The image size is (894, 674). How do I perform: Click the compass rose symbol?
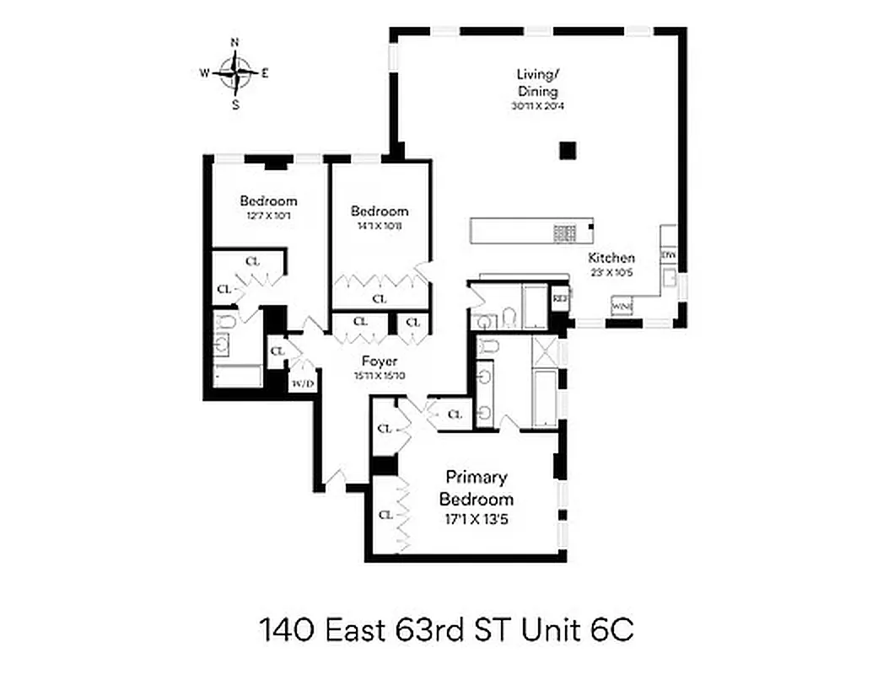coord(235,72)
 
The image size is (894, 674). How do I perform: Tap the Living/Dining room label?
coord(537,82)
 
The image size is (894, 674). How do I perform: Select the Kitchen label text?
coord(611,258)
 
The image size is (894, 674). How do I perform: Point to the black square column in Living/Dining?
coord(568,150)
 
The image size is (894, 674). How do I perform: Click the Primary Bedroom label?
coord(476,488)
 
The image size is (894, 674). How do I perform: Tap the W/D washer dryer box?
coord(302,383)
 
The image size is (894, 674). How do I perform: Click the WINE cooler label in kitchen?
coord(622,306)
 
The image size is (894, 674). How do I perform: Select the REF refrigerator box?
coord(559,298)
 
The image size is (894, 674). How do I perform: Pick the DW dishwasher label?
coord(668,254)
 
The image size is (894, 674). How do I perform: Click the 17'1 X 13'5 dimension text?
coord(476,519)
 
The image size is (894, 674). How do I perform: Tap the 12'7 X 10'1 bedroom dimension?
coord(268,216)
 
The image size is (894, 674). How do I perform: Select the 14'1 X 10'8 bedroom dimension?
coord(380,226)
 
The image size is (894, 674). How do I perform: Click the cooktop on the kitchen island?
coord(563,230)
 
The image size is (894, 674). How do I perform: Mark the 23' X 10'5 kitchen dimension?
coord(611,272)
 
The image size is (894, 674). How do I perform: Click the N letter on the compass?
coord(235,42)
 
